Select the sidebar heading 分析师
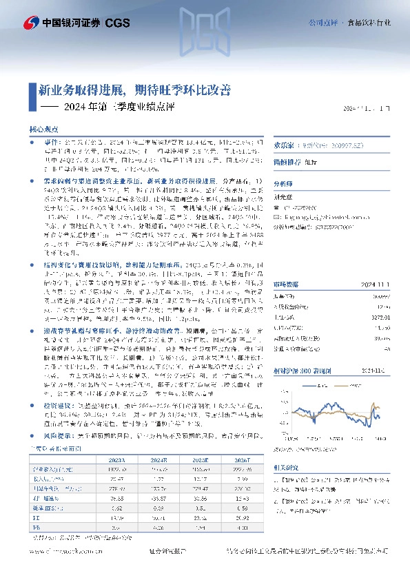pos(283,183)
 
